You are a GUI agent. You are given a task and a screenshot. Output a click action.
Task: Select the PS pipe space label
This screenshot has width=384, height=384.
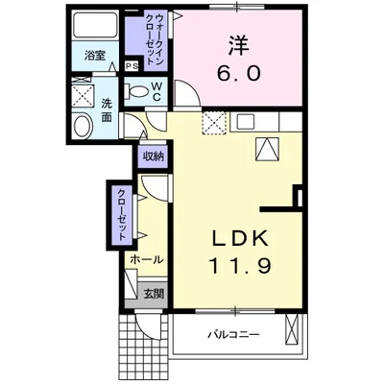click(x=130, y=66)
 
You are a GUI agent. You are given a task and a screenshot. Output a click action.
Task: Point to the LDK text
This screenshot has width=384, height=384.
click(x=241, y=237)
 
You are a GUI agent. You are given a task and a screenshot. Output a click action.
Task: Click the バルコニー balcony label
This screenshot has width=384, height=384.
click(x=234, y=335)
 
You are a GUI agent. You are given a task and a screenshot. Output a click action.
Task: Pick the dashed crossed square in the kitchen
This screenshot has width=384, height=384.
click(x=213, y=121)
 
